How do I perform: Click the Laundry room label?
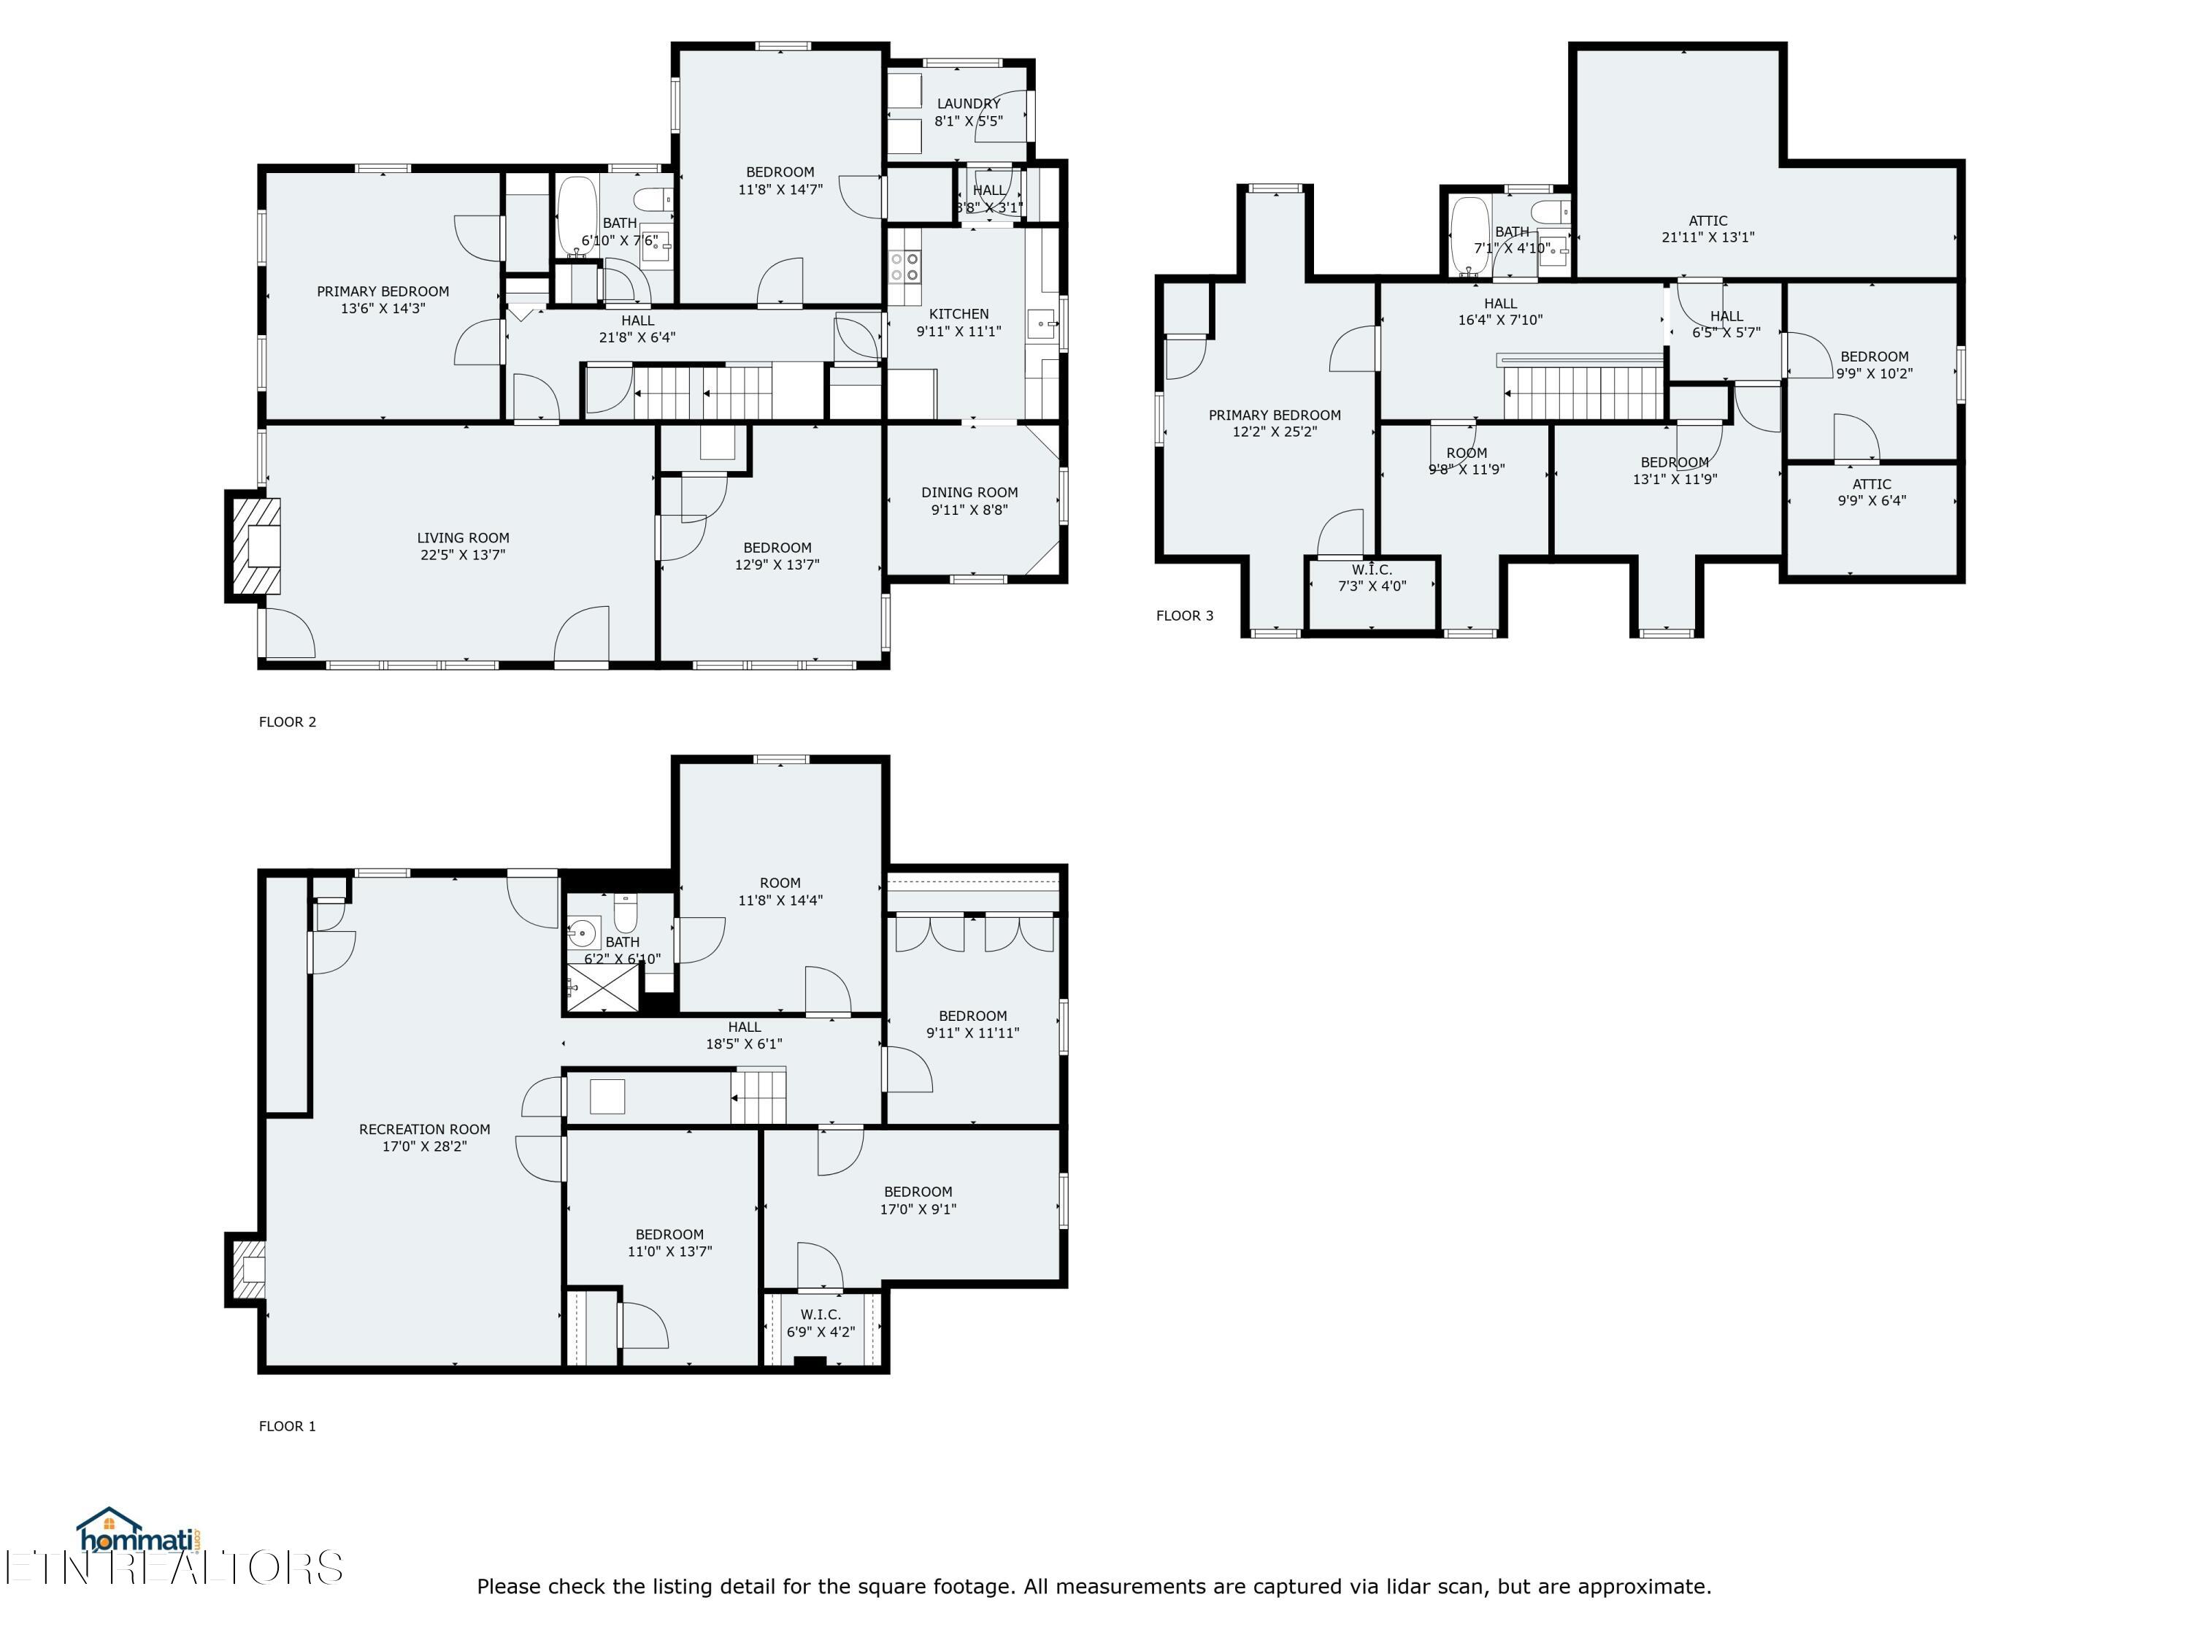tap(968, 103)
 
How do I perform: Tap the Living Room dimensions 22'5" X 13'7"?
tap(462, 554)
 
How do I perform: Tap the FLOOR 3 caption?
tap(1184, 616)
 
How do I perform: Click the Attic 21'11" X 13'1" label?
tap(1708, 229)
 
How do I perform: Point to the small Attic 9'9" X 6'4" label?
tap(1871, 492)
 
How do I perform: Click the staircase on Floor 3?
tap(1584, 392)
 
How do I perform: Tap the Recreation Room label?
tap(425, 1129)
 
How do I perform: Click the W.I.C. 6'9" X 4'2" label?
tap(821, 1323)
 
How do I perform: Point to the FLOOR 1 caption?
tap(287, 1426)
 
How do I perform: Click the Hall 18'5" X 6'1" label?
tap(745, 1035)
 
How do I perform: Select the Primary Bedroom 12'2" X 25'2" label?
tap(1274, 423)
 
